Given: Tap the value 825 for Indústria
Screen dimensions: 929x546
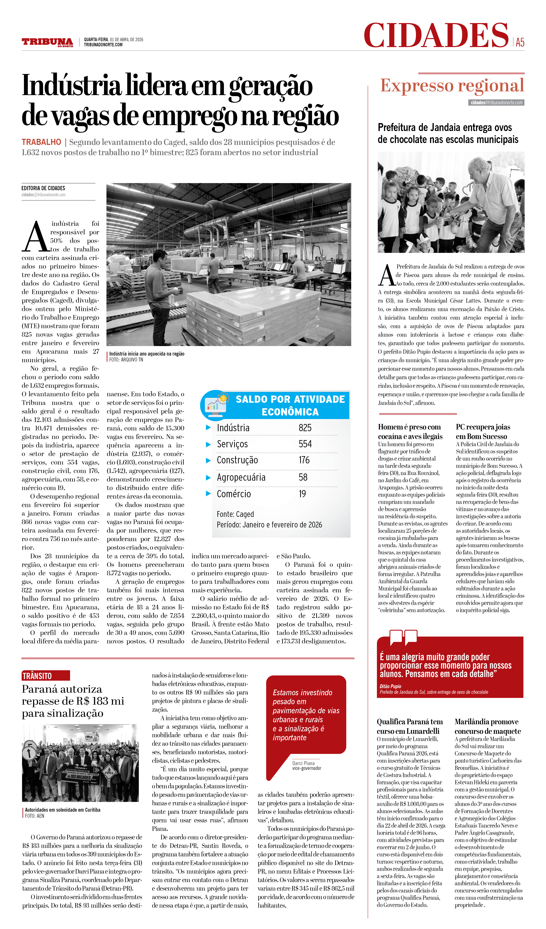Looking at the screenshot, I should click(305, 428).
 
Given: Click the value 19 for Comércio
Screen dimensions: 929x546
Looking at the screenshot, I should click(302, 494).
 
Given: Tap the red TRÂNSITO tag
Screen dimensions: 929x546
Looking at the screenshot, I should click(45, 676).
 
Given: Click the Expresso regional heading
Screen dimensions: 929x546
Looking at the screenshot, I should click(452, 86).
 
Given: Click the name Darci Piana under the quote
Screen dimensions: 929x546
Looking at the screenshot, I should click(303, 763).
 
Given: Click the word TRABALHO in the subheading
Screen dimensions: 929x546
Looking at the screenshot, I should click(41, 142).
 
